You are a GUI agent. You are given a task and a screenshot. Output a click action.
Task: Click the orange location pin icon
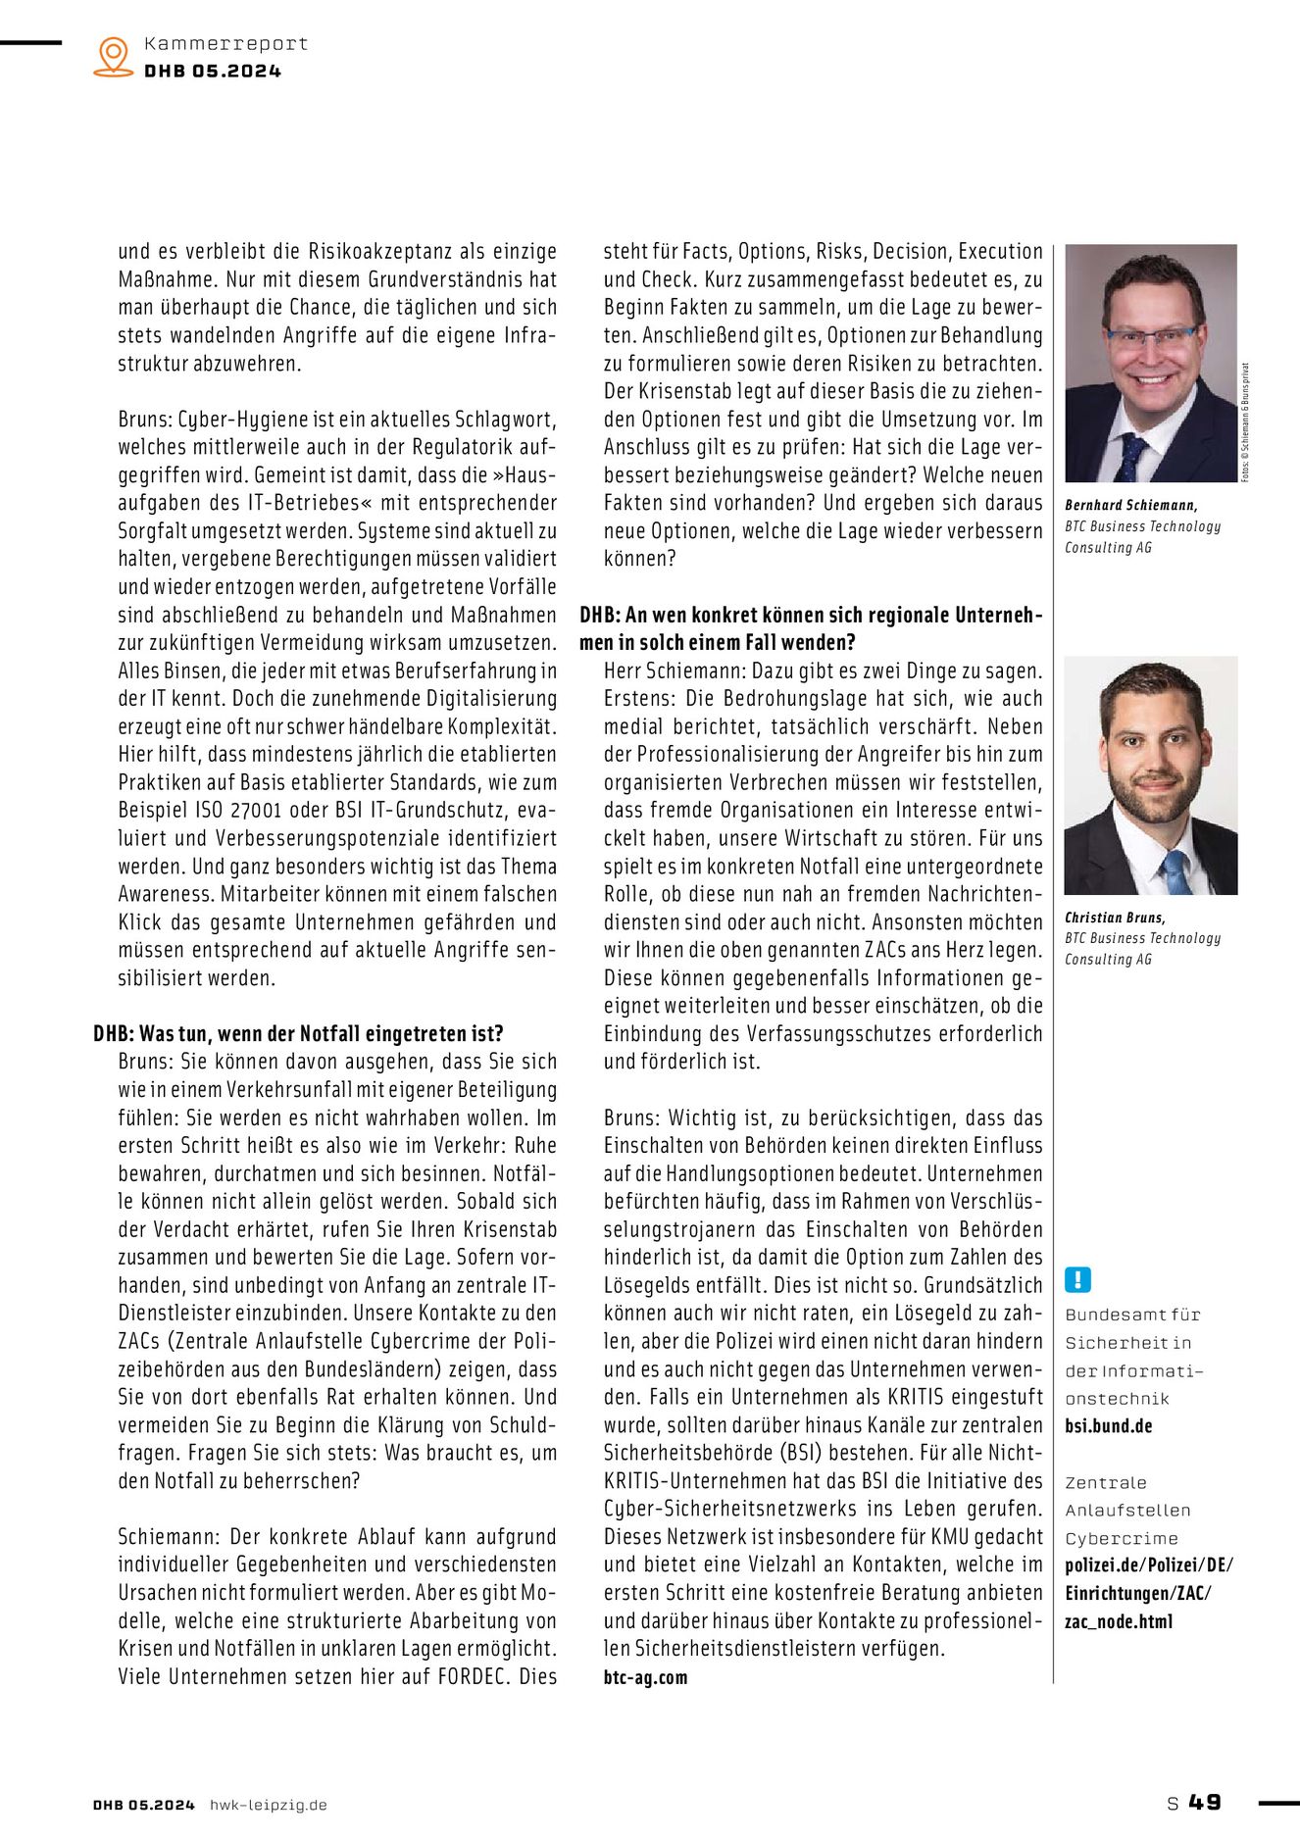tap(114, 56)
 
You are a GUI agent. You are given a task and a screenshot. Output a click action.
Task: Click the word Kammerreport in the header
tap(225, 43)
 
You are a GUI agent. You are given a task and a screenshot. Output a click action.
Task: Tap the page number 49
tap(1205, 1802)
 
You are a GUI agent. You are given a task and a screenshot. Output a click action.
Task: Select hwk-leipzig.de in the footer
tap(269, 1805)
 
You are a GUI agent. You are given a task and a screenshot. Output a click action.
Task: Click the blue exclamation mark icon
tap(1076, 1279)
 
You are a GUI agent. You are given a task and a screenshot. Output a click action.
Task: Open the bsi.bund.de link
tap(1108, 1426)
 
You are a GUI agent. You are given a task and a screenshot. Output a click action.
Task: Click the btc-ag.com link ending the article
tap(645, 1677)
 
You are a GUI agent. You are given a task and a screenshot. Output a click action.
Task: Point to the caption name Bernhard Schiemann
tap(1130, 505)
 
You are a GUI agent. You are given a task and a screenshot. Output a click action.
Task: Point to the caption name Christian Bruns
tap(1115, 918)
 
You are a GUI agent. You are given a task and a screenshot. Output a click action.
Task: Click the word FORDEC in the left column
tap(475, 1676)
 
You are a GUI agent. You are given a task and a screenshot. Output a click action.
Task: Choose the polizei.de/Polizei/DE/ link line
tap(1149, 1565)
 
